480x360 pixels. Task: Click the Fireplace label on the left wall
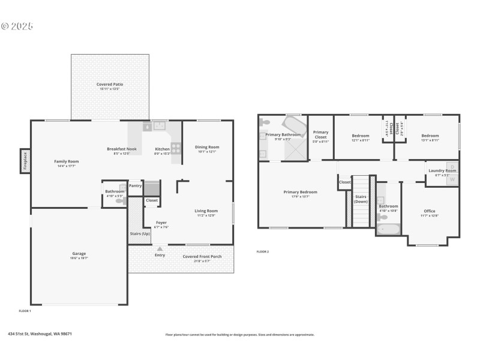25,161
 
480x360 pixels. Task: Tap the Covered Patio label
110,85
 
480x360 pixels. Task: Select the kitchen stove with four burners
176,147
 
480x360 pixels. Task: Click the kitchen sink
160,126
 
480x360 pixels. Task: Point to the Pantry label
135,185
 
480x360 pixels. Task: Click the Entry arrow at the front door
160,248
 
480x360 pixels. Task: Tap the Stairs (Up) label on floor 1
140,233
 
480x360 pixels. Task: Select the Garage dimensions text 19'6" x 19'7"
79,258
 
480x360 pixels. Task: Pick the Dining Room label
207,147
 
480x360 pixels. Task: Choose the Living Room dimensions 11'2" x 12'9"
206,215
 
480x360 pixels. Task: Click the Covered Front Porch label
202,256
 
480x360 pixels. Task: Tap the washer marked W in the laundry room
452,179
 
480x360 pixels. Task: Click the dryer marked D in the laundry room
452,167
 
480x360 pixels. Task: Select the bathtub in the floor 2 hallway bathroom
388,229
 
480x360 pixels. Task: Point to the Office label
429,211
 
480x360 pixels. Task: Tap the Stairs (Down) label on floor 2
361,199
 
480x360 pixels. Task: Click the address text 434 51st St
40,334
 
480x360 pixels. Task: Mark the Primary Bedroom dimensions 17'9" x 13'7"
300,197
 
